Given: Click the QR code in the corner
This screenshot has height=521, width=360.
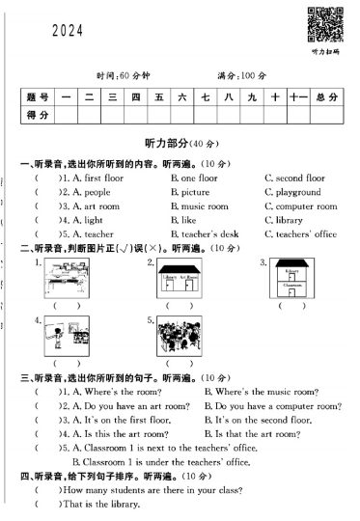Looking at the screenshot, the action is [x=322, y=22].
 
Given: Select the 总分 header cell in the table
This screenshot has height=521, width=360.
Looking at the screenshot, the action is [x=326, y=97].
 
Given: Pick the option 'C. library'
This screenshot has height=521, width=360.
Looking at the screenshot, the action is [x=283, y=220].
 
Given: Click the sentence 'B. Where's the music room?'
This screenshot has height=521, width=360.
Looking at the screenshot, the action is [x=261, y=392].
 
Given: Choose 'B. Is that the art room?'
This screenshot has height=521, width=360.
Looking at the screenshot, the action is [x=251, y=434].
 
